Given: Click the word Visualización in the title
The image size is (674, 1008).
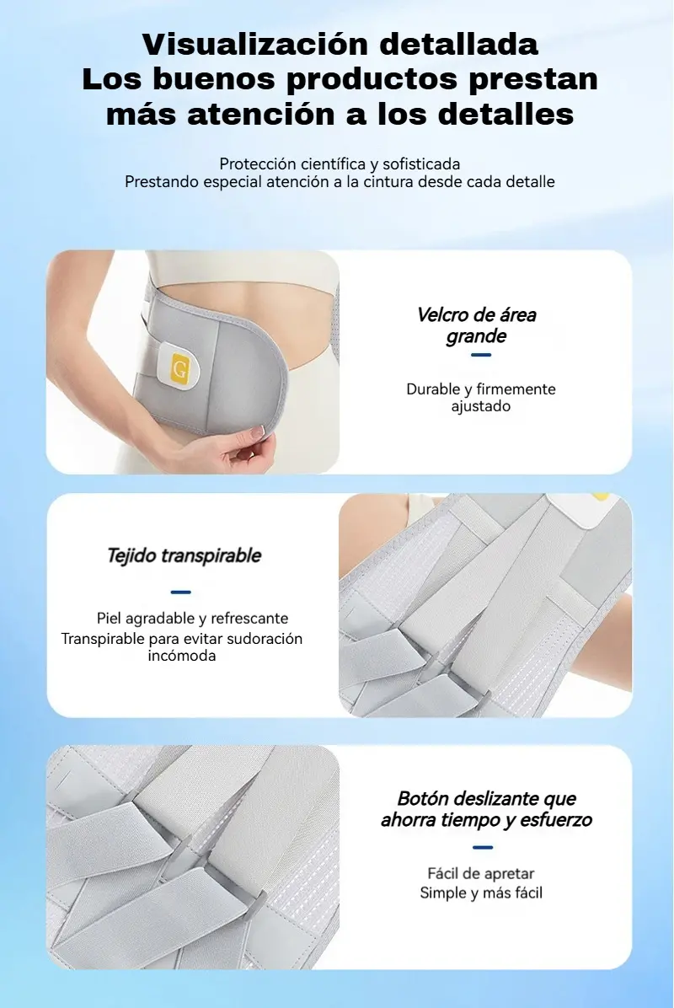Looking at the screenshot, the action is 256,45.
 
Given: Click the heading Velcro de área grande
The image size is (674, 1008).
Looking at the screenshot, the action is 476,325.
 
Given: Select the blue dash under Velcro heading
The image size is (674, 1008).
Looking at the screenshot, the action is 481,355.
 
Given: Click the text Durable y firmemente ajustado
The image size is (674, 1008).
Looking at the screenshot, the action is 480,397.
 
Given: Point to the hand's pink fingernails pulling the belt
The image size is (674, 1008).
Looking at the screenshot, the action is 259,432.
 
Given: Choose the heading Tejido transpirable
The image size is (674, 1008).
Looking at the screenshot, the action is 184,555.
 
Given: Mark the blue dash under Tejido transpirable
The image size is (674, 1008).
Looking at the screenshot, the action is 181,592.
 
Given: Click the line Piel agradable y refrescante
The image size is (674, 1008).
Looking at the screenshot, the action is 192,619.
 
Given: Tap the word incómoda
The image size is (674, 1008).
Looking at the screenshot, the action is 182,656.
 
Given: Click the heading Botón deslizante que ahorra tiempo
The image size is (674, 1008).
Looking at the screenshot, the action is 486,809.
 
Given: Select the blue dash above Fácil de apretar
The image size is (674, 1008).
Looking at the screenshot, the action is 483,847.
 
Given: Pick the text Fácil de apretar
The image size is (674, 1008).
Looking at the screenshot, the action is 480,874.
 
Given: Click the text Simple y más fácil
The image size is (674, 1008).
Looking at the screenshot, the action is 481,893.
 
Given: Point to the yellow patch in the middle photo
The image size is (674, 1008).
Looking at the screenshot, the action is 600,497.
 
